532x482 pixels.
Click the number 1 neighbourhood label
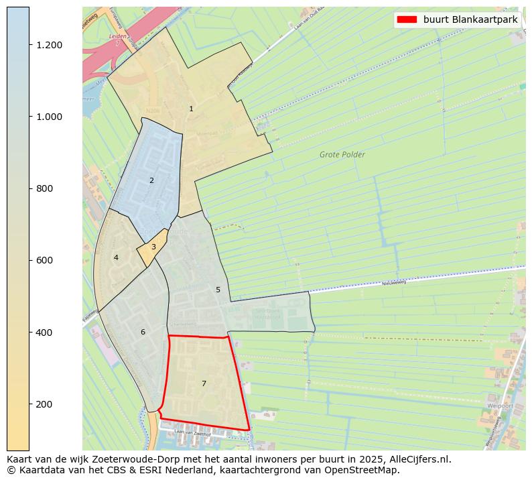191,109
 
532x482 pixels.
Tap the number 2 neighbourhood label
151,180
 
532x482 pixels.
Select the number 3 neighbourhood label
153,247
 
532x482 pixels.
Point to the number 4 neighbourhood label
116,257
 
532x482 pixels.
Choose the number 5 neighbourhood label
218,290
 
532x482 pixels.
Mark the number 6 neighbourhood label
143,332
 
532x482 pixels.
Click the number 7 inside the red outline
204,383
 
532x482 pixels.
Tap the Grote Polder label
342,155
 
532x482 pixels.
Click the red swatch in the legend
407,19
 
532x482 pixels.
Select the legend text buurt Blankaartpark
470,19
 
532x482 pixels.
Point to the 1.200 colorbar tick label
49,45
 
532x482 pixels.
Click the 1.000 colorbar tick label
49,117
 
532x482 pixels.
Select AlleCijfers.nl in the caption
420,459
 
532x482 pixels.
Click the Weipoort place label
501,406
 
